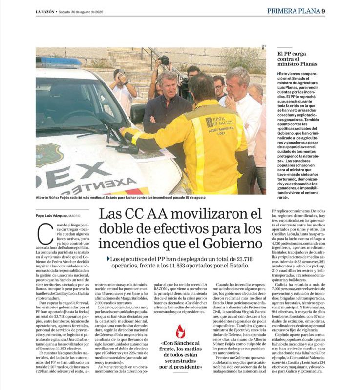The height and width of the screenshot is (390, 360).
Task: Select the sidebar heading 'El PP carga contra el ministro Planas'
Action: click(x=297, y=59)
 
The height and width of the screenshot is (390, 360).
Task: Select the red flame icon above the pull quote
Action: click(x=181, y=331)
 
